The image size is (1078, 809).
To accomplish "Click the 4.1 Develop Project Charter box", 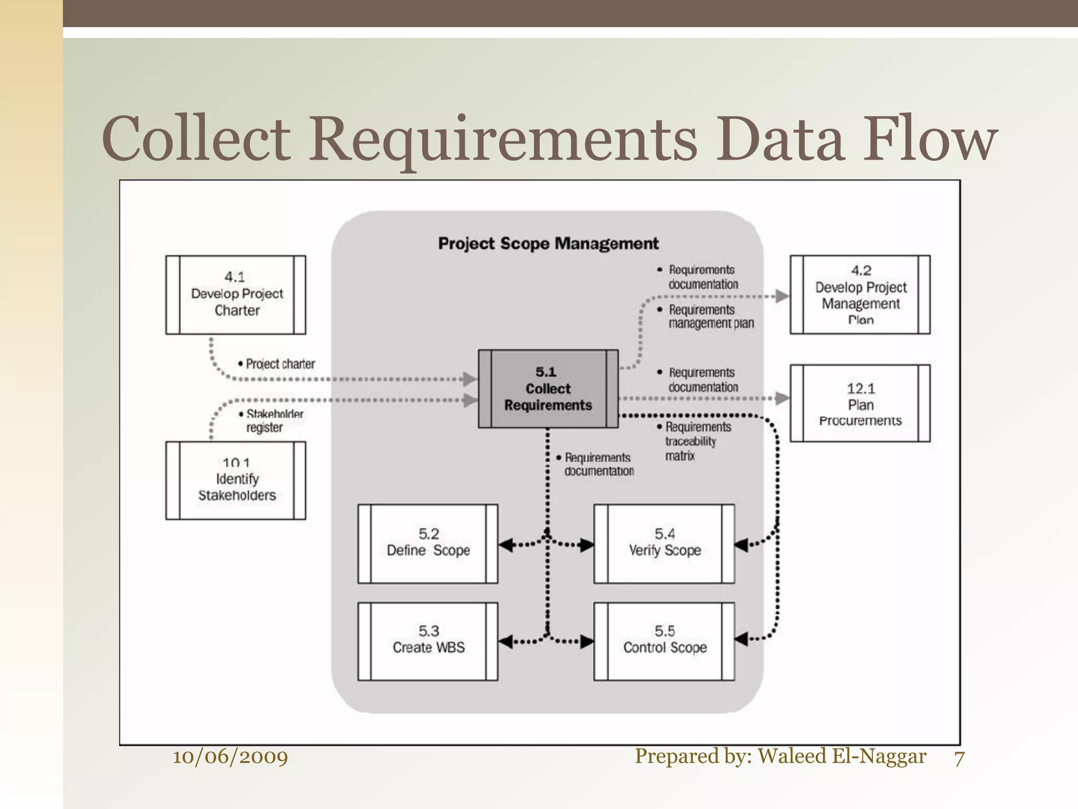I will tap(236, 295).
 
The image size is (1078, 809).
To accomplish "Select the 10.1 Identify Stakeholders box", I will tap(236, 480).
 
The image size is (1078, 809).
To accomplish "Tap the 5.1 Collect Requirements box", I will tap(548, 389).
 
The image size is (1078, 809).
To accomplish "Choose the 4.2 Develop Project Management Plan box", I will tap(860, 295).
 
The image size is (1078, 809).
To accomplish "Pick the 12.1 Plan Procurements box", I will tap(860, 403).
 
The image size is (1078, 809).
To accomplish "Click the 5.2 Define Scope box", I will tap(428, 544).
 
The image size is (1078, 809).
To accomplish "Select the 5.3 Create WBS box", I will tap(428, 642).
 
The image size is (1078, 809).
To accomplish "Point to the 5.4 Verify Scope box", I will tap(664, 544).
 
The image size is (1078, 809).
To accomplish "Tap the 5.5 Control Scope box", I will tap(664, 642).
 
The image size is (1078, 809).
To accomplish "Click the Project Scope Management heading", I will tap(548, 243).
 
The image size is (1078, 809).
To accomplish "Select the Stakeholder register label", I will tap(272, 421).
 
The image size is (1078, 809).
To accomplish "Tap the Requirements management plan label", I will tap(708, 317).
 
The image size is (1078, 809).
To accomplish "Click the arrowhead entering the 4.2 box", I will tap(783, 296).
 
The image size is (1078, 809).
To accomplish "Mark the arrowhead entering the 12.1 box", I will tap(783, 398).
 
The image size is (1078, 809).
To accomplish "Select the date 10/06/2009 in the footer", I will tap(231, 757).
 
